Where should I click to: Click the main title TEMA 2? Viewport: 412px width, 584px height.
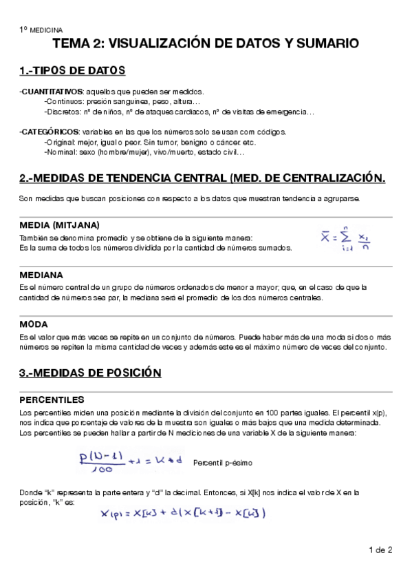206,44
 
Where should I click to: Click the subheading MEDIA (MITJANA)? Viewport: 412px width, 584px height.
59,225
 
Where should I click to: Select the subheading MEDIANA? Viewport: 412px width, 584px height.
41,275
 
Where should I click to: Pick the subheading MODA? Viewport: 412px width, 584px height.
33,324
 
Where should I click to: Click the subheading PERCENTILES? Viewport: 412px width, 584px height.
52,399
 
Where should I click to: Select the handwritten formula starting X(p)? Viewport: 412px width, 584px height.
182,513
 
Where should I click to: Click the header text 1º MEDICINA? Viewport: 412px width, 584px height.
40,30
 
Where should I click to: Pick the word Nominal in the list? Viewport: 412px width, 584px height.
60,152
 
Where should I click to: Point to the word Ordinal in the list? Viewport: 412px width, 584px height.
59,142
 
